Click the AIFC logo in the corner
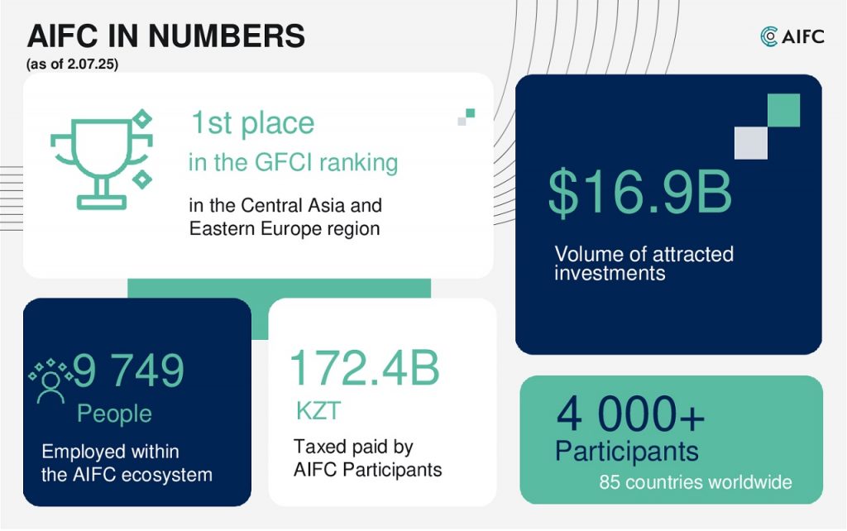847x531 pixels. pos(792,36)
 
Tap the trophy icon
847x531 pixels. pos(102,160)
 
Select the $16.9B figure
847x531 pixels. pos(640,192)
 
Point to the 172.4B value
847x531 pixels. pos(365,367)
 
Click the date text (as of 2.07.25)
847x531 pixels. pos(73,64)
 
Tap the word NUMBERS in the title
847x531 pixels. pos(227,36)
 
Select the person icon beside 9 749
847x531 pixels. pos(50,380)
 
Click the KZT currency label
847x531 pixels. pos(318,410)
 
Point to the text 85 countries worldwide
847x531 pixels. pos(695,482)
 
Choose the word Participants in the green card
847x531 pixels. pos(627,451)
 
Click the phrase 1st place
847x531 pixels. pos(252,123)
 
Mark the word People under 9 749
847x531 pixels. pos(114,414)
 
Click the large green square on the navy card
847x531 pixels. pos(783,110)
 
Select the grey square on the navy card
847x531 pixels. pos(751,142)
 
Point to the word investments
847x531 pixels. pos(610,273)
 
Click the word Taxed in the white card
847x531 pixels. pos(318,447)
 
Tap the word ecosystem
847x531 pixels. pos(166,476)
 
